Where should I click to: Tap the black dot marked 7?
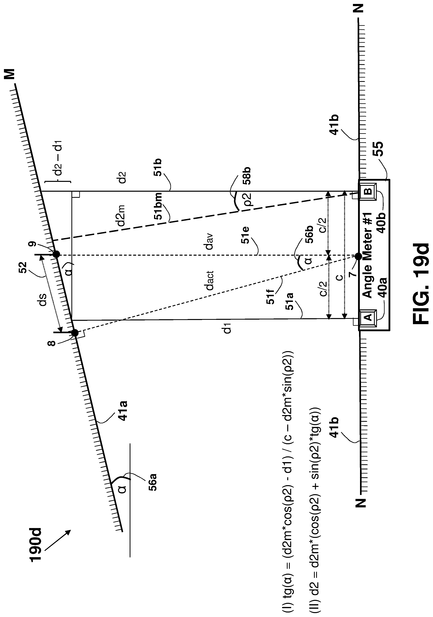pos(358,256)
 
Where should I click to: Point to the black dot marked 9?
pos(56,254)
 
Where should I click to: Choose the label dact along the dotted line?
pos(210,281)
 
